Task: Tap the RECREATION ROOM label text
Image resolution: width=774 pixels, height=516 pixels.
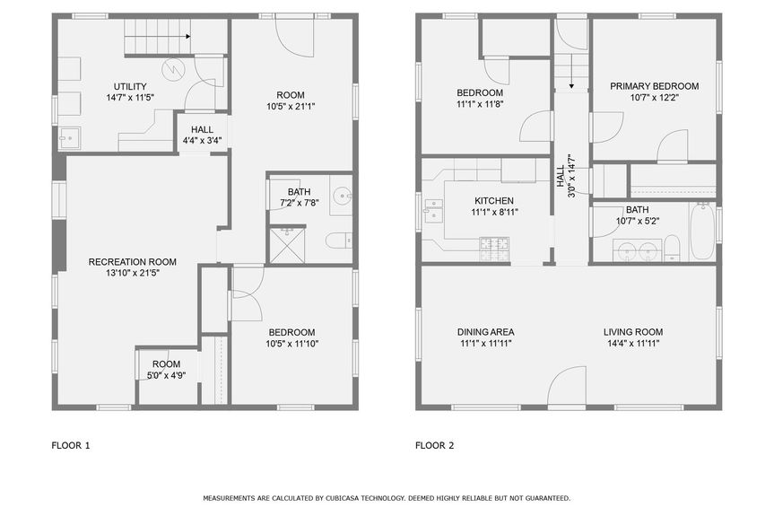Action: point(132,262)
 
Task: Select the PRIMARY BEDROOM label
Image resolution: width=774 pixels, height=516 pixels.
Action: point(655,86)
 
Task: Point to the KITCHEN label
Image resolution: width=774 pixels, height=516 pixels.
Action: point(493,200)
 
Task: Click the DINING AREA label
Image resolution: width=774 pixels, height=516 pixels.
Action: point(484,331)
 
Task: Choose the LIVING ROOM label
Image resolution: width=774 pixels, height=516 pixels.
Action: point(632,331)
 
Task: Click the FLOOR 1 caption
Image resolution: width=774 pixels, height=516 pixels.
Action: point(71,445)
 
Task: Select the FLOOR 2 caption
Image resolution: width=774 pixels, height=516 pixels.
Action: point(435,445)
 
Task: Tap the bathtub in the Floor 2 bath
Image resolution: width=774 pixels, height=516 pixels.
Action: point(702,232)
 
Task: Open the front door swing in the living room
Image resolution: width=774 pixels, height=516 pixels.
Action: point(567,388)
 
